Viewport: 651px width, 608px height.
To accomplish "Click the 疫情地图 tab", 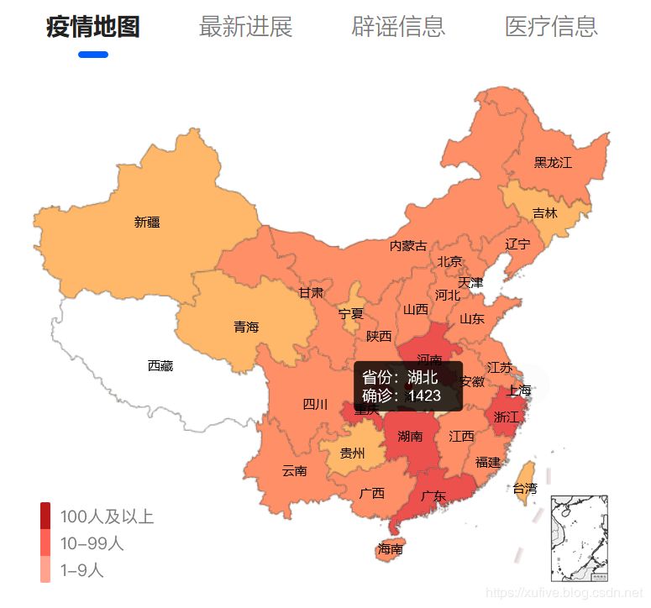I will click(x=92, y=27).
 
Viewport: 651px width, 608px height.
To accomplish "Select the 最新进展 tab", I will click(x=245, y=27).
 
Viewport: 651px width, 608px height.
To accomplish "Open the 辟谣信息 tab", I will click(x=397, y=27).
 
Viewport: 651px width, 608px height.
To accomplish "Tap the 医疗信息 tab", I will click(x=551, y=27).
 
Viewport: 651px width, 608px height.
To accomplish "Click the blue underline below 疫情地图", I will click(x=92, y=55).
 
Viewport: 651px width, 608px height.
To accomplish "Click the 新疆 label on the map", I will click(x=147, y=223).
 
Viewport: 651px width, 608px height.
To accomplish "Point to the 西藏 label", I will click(x=160, y=365).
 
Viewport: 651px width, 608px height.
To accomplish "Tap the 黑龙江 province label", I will click(x=553, y=163).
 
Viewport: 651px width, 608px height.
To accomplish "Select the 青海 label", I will click(x=246, y=328).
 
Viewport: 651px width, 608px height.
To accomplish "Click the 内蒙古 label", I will click(x=408, y=246).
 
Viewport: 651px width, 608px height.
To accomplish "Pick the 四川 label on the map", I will click(x=315, y=405).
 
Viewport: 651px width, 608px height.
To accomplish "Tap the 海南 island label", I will click(x=390, y=550).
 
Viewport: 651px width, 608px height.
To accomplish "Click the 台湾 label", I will click(x=525, y=489).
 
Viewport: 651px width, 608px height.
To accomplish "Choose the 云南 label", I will click(x=294, y=471).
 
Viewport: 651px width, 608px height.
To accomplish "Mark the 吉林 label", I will click(x=544, y=213).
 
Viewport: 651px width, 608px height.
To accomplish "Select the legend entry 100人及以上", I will click(x=107, y=516).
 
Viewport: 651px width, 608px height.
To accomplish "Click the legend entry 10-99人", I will click(x=92, y=543).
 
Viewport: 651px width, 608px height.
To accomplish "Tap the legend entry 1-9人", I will click(x=81, y=570).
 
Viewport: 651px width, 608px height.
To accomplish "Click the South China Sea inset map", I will click(x=579, y=538).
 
